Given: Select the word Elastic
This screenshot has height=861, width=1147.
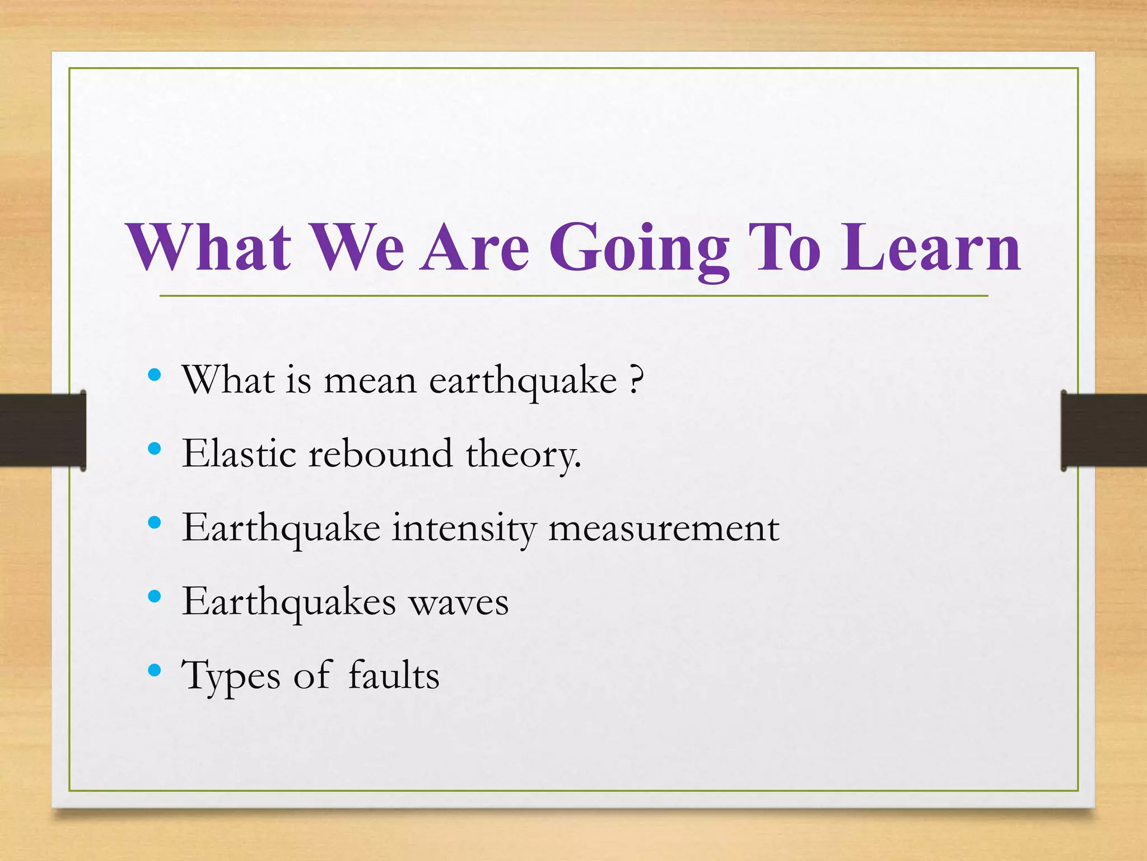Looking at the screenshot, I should pos(239,453).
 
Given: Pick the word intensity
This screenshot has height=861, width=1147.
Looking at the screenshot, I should pos(463,529).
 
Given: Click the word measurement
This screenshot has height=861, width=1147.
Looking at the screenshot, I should pos(664,529).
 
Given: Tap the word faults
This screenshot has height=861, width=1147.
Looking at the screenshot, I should pos(394,675).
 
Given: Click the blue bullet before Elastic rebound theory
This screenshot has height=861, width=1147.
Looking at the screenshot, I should pos(155,448).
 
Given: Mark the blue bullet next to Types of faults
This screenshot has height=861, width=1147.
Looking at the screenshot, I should pos(155,670).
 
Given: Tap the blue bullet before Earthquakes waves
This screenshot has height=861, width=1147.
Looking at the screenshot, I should pos(155,596).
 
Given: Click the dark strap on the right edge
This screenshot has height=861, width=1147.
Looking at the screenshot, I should pos(1103,430).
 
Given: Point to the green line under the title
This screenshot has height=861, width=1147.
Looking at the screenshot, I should pos(573,295).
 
